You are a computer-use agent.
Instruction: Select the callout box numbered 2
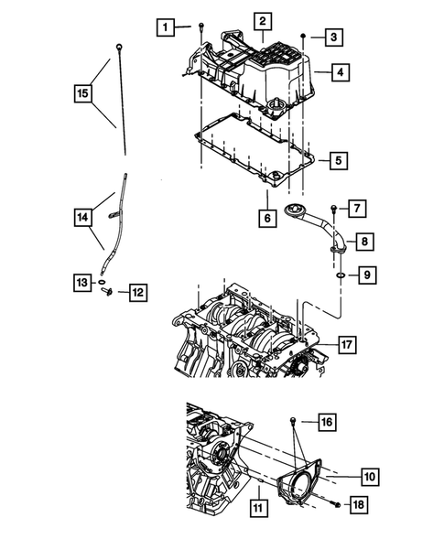point(263,21)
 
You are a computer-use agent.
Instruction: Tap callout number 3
point(335,38)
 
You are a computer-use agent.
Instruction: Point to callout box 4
point(340,70)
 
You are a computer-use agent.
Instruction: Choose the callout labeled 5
point(338,160)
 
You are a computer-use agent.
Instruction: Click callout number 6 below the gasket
point(266,219)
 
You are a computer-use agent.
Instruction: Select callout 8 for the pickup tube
point(363,242)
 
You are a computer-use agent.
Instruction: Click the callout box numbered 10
point(370,476)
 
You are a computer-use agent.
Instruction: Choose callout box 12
point(137,293)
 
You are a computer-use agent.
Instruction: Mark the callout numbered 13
point(81,283)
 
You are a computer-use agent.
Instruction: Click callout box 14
point(83,217)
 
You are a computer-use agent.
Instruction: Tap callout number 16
point(327,422)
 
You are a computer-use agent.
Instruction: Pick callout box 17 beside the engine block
point(347,345)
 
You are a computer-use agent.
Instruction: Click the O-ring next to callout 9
point(339,274)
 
